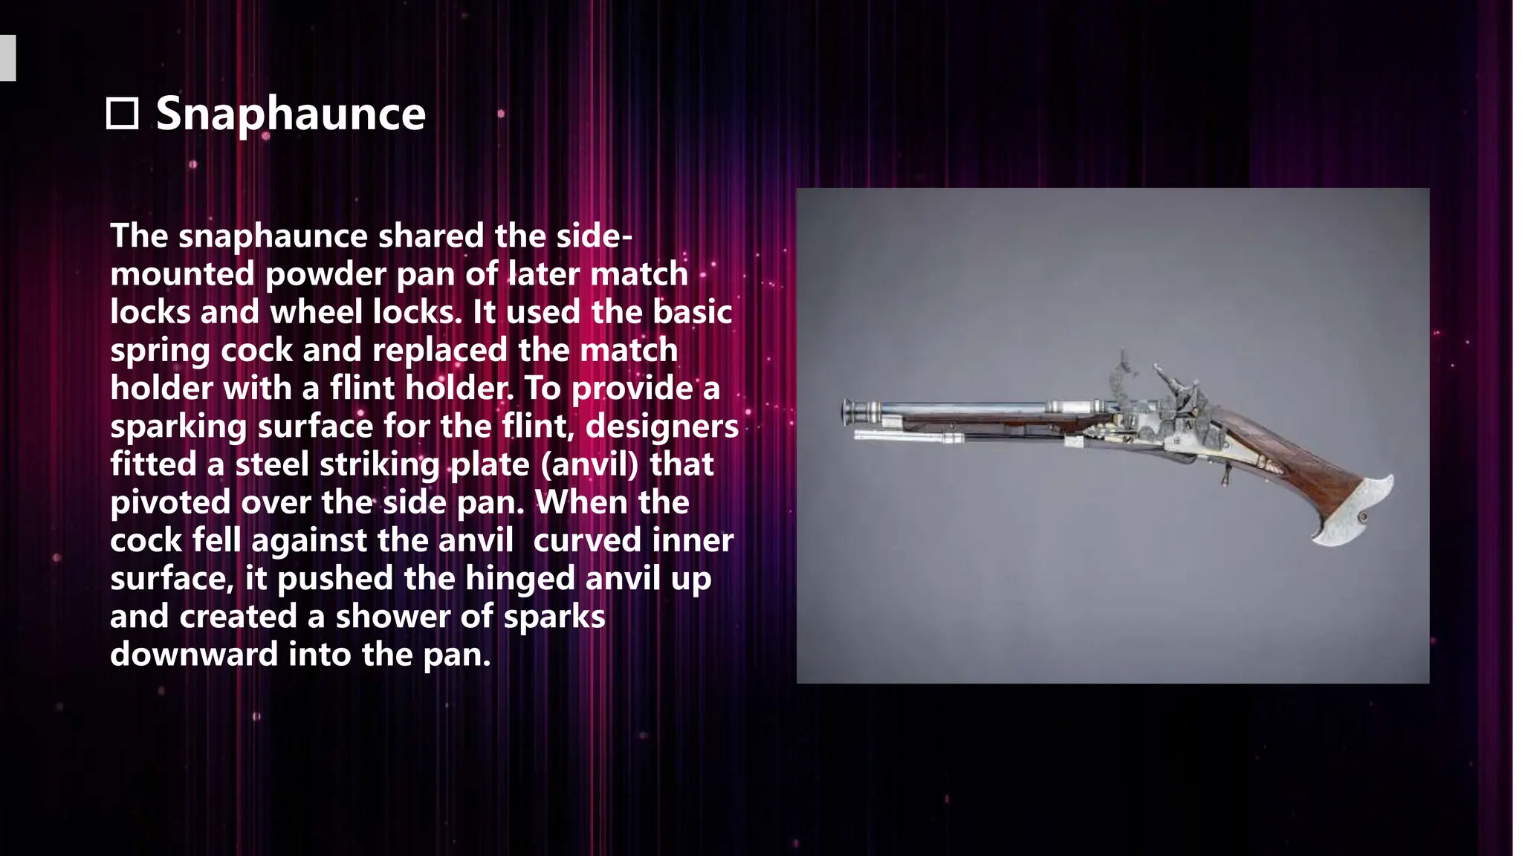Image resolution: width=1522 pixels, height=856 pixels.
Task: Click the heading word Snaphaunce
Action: click(291, 114)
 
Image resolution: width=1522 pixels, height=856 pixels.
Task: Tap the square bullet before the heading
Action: click(122, 114)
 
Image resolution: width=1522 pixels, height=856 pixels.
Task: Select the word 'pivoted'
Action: click(170, 503)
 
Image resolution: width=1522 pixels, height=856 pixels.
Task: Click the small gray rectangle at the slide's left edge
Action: click(7, 58)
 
